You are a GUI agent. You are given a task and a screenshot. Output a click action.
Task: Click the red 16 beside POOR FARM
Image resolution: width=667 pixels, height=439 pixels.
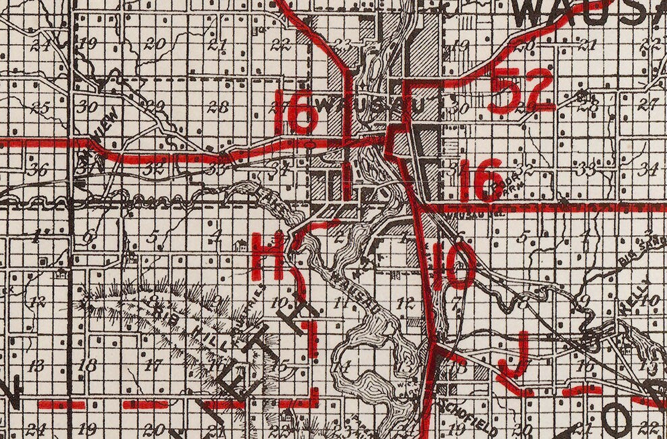[479, 180]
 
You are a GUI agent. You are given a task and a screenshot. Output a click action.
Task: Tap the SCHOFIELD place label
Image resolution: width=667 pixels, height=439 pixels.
[467, 417]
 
